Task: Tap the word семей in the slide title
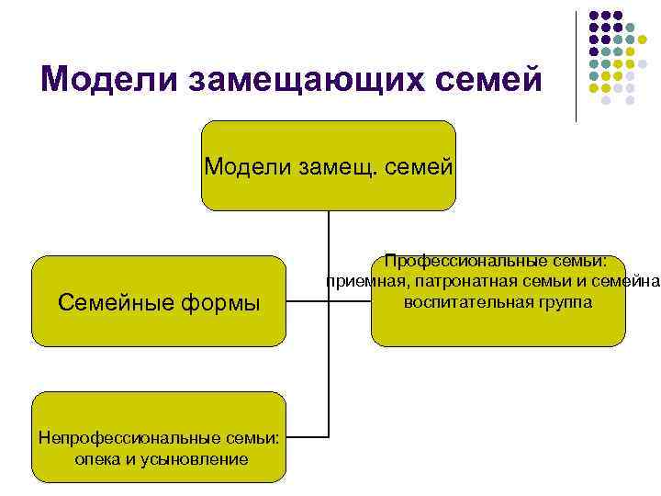click(x=488, y=80)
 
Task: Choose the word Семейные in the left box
click(x=114, y=301)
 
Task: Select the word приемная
click(x=361, y=282)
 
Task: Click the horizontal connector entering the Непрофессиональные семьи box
click(x=307, y=436)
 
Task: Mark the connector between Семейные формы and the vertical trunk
click(x=307, y=300)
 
